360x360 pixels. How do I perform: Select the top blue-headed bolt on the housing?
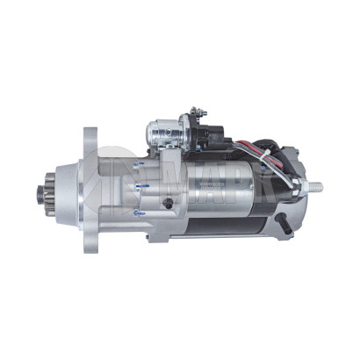click(137, 163)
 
